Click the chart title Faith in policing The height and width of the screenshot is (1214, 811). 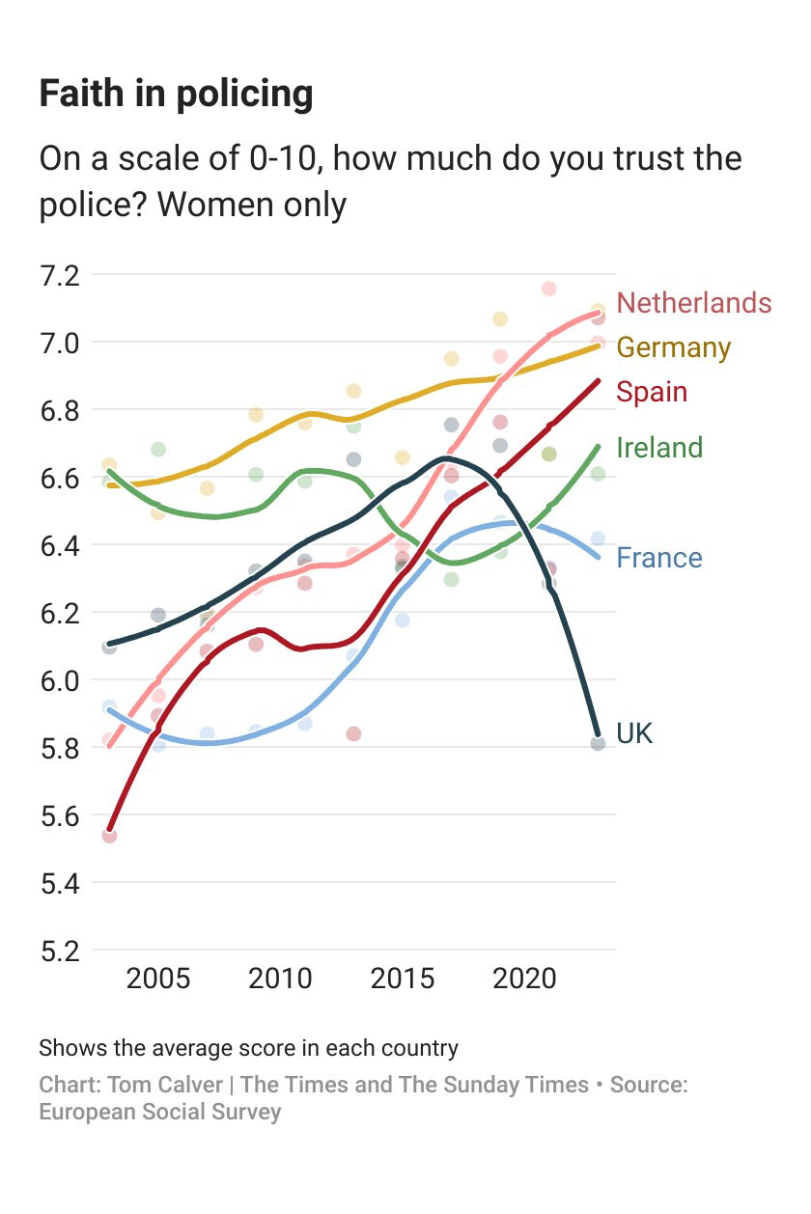click(x=176, y=95)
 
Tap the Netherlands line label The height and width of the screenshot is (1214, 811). click(x=693, y=303)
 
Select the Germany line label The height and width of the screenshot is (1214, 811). click(x=673, y=347)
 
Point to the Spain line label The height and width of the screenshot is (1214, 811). click(x=652, y=392)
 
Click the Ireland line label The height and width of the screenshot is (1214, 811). click(x=659, y=447)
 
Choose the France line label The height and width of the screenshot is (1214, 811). click(x=659, y=558)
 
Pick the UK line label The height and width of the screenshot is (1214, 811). click(x=634, y=733)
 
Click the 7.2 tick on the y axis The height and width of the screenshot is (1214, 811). click(x=59, y=275)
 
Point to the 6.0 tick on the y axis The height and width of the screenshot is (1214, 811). click(x=59, y=680)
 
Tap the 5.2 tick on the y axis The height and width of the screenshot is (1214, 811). click(x=59, y=951)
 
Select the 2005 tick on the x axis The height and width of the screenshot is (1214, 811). click(x=158, y=979)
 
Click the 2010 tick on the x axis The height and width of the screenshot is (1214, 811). click(x=280, y=979)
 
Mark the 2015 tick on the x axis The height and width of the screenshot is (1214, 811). click(x=403, y=979)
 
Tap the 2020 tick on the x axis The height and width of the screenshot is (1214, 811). click(x=524, y=979)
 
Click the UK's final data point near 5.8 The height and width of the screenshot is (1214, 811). click(x=598, y=743)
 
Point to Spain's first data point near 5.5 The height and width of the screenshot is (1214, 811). click(x=109, y=836)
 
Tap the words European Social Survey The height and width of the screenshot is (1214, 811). click(x=159, y=1112)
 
